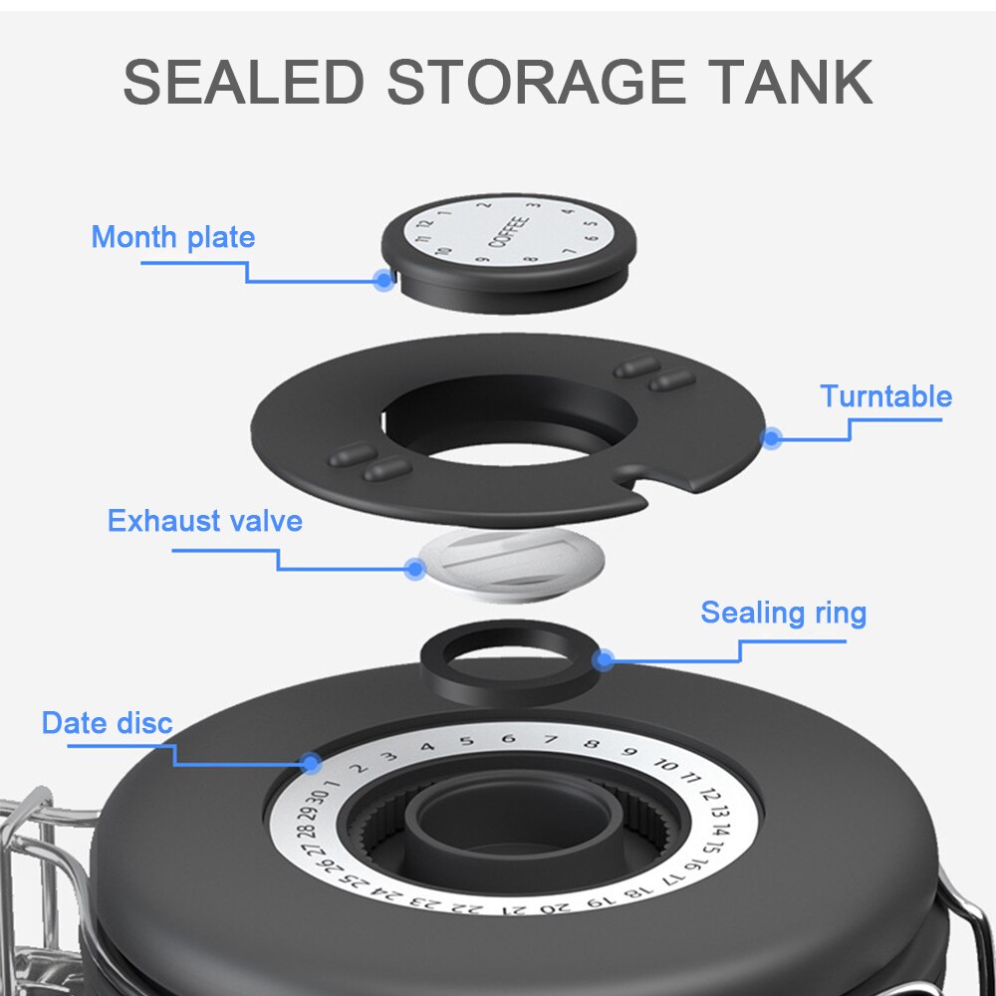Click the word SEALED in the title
click(243, 83)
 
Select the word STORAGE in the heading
click(536, 83)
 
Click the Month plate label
click(172, 237)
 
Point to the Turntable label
click(885, 396)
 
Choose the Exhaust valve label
click(204, 521)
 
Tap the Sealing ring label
click(783, 613)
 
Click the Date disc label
click(107, 723)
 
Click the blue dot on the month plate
click(383, 281)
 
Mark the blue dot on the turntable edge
click(770, 436)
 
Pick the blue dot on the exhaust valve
click(415, 569)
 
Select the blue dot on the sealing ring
click(603, 658)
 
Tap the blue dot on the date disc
click(311, 764)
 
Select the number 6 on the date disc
click(508, 739)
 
